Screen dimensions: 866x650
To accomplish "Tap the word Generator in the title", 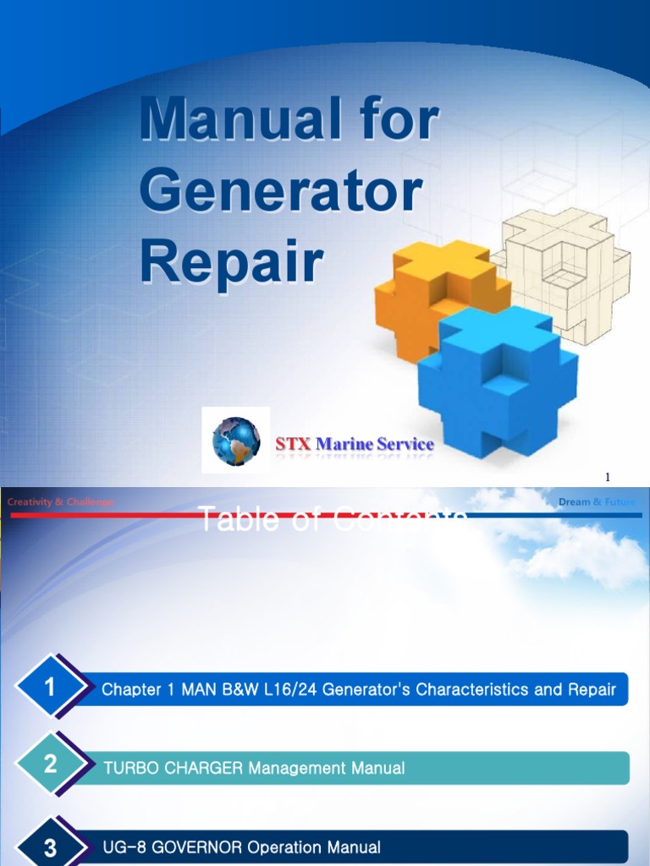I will (x=281, y=193).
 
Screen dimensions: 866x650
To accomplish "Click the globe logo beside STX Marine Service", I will (x=236, y=441).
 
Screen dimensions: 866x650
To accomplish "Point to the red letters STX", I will (x=293, y=444).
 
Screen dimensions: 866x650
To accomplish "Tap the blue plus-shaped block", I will (x=499, y=381).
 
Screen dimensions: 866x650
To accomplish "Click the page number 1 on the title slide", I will (x=607, y=478).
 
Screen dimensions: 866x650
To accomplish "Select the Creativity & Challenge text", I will (x=60, y=502).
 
